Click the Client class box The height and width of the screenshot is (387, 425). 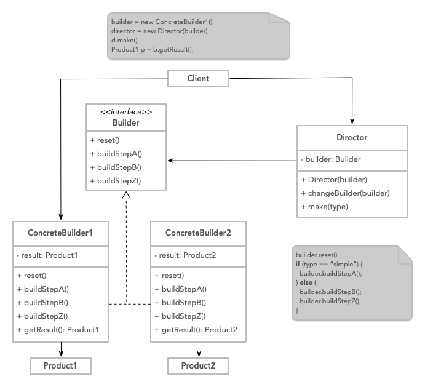pyautogui.click(x=198, y=78)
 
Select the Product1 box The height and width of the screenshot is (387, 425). pyautogui.click(x=60, y=365)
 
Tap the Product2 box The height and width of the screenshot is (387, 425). pyautogui.click(x=198, y=365)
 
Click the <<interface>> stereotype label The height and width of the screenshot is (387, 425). pyautogui.click(x=125, y=111)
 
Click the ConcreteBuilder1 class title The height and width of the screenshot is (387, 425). pyautogui.click(x=60, y=233)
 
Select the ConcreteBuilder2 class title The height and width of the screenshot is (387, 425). pyautogui.click(x=198, y=233)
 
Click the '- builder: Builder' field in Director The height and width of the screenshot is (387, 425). pyautogui.click(x=331, y=159)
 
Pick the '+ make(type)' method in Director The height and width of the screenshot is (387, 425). pyautogui.click(x=324, y=206)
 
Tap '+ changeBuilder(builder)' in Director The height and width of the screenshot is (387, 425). pyautogui.click(x=345, y=193)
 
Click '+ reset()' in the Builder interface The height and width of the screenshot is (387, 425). pyautogui.click(x=106, y=140)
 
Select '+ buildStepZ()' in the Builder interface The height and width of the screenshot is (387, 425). pyautogui.click(x=116, y=180)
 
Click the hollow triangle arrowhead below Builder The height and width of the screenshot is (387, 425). pyautogui.click(x=126, y=196)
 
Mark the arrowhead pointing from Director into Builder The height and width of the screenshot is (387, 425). pyautogui.click(x=171, y=161)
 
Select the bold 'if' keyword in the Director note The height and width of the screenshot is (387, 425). pyautogui.click(x=298, y=263)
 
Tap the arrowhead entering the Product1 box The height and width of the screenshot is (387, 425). pyautogui.click(x=60, y=354)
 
